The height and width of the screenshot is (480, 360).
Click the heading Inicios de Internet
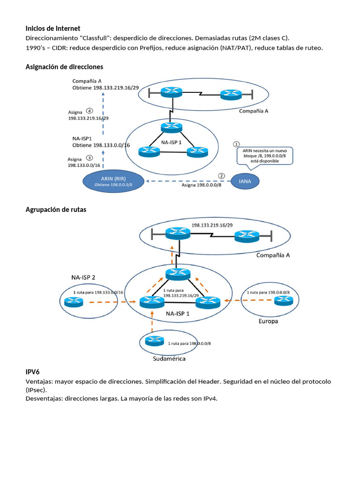coord(52,29)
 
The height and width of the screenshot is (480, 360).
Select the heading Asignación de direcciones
coord(64,67)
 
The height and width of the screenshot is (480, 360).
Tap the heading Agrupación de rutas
coord(56,210)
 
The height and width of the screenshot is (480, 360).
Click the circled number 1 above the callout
coord(237,144)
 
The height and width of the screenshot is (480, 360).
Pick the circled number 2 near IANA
coord(221,176)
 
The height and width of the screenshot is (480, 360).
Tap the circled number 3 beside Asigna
coord(90,158)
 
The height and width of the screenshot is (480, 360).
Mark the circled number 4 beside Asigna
coord(90,111)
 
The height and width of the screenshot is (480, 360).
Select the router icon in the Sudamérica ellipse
coord(153,341)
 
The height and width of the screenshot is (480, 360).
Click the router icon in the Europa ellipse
coord(284,300)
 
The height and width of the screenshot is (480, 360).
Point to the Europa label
coord(268,322)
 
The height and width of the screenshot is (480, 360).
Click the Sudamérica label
coord(170,359)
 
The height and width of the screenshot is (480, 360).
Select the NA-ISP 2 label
coord(80,277)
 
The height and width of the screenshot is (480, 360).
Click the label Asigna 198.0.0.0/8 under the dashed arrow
coord(201,185)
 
